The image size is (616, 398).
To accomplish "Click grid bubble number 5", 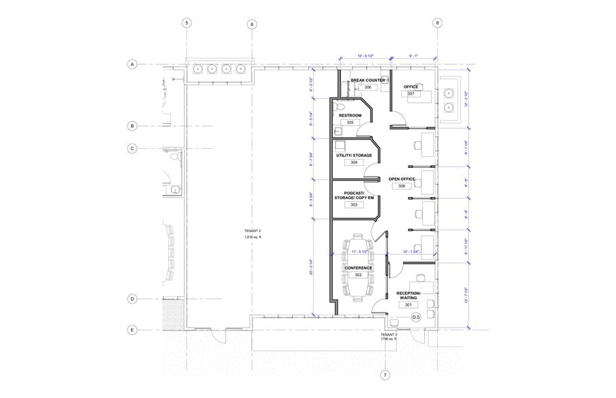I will point(187,23).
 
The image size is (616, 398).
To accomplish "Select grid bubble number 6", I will point(252,24).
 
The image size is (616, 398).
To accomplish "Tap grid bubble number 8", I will point(438,23).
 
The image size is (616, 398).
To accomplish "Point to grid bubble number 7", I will point(385,375).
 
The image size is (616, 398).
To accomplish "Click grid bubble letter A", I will point(134,65).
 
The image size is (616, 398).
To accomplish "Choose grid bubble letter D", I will point(134,299).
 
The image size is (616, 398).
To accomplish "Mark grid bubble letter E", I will point(134,330).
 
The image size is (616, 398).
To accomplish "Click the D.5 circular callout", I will point(416,317).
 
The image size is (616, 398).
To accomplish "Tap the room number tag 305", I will point(350,123).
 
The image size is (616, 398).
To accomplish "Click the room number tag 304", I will point(354,162).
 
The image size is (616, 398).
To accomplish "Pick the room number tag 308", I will point(402,186).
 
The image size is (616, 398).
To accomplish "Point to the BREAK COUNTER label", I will point(368,80).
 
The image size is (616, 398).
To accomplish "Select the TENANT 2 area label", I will point(252,234).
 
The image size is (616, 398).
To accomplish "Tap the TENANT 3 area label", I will point(388,337).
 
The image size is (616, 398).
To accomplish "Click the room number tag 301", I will point(409,305).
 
